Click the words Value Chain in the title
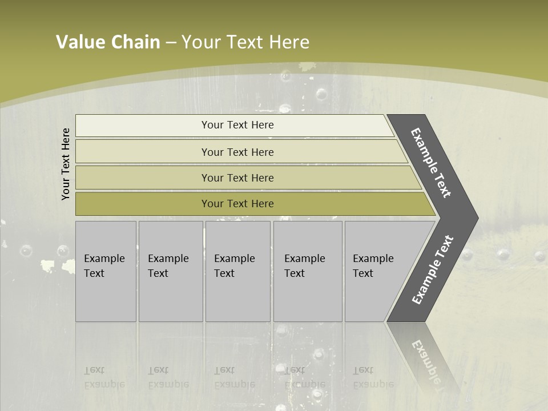108,42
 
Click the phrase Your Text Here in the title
245,42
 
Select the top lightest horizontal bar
237,125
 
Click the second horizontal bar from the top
237,152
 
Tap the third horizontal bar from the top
237,178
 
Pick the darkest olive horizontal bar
237,204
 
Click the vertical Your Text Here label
66,164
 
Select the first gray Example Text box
106,271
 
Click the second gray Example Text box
170,271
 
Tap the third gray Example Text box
237,271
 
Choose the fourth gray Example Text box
307,271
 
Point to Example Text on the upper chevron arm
431,163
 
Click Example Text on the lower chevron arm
433,269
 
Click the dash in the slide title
171,43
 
